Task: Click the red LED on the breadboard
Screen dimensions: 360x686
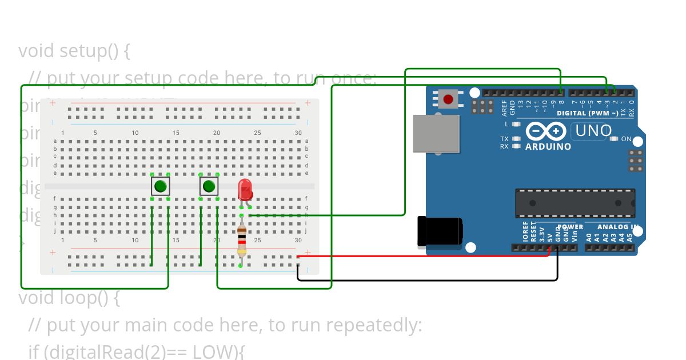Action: (x=245, y=188)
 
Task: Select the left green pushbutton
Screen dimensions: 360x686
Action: (x=161, y=186)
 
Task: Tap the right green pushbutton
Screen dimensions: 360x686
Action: (x=209, y=186)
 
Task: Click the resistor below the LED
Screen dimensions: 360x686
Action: (x=242, y=239)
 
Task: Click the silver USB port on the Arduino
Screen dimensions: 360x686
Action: (x=436, y=134)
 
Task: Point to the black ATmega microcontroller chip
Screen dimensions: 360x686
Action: (x=575, y=203)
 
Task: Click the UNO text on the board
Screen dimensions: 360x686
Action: (x=593, y=131)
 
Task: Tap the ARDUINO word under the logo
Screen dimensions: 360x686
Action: (x=548, y=147)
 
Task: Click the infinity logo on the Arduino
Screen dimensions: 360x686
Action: (x=548, y=131)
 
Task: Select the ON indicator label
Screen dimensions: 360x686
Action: (x=626, y=139)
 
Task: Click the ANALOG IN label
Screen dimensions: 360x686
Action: (x=617, y=227)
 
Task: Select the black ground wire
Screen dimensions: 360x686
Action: (x=429, y=281)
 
